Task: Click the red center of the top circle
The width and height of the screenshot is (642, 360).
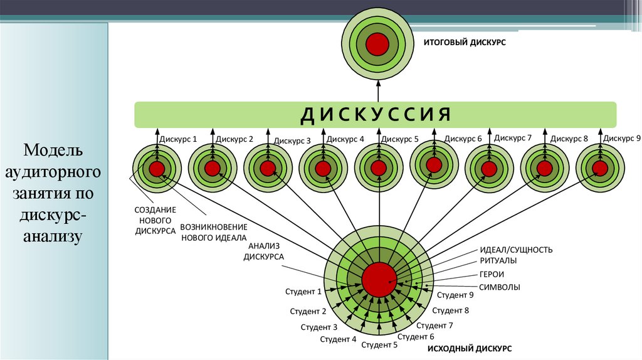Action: click(x=377, y=44)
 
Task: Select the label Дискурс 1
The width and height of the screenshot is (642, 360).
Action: click(x=178, y=139)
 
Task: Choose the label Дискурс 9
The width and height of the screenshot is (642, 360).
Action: click(x=622, y=137)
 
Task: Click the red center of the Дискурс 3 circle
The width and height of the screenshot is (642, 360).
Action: click(x=268, y=168)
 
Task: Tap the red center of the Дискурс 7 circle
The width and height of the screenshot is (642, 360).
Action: click(x=489, y=168)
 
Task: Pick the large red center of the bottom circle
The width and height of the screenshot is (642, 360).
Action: click(x=379, y=280)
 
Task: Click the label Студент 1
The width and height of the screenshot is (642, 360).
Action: click(x=303, y=291)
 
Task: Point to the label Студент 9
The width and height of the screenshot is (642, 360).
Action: click(x=455, y=295)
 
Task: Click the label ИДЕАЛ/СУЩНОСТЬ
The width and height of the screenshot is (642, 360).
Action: click(x=516, y=250)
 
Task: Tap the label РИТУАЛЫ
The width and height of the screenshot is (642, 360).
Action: click(x=498, y=260)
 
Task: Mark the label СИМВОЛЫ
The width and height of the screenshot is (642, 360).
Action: click(x=499, y=287)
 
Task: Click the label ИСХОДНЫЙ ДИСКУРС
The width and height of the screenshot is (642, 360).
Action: click(x=470, y=347)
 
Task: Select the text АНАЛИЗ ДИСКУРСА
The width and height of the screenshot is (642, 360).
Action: click(x=264, y=251)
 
